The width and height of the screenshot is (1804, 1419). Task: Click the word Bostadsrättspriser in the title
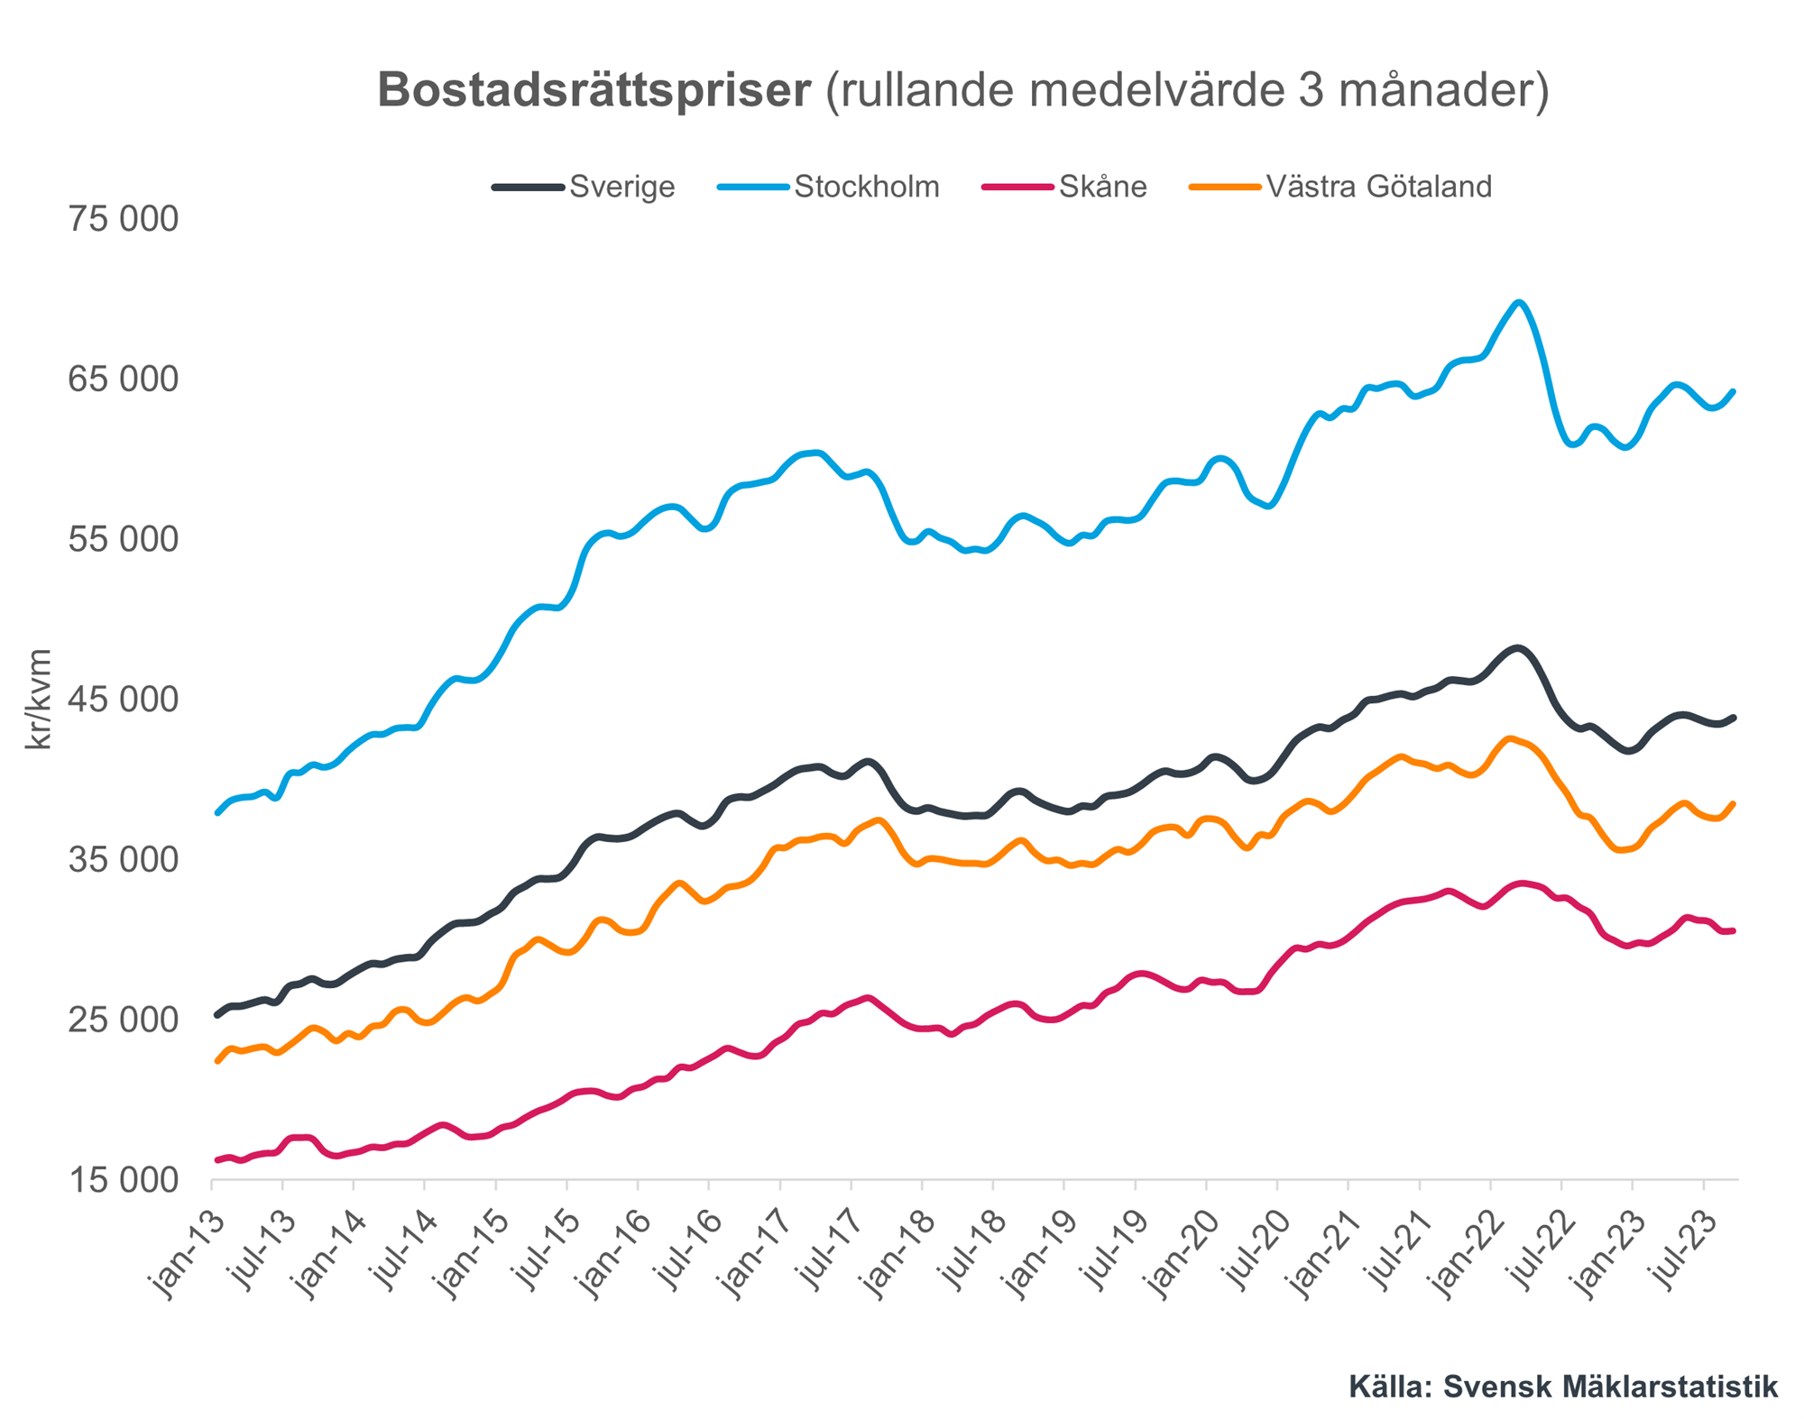coord(594,91)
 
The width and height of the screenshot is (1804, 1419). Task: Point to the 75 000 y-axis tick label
coord(124,219)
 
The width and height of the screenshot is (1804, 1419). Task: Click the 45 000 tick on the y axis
coord(124,700)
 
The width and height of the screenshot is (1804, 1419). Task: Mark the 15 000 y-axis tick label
coord(124,1180)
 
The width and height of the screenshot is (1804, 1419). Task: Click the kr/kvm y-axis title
coord(39,700)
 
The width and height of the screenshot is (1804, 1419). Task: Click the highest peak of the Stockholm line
coord(1520,303)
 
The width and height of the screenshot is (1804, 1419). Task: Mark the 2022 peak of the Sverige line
coord(1518,648)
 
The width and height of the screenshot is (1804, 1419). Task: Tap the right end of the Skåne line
coord(1734,930)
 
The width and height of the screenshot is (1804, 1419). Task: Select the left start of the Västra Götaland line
coord(217,1061)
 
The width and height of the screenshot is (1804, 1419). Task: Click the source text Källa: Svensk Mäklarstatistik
coord(1563,1387)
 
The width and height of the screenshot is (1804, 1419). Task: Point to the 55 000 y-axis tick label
coord(124,539)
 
